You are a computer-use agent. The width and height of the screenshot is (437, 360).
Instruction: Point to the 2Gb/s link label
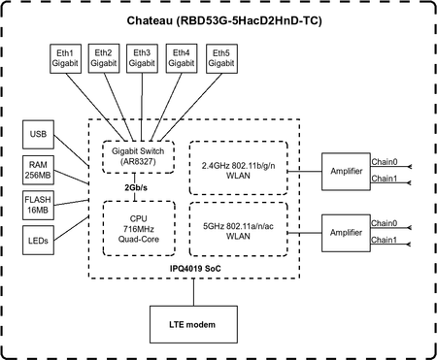(136, 187)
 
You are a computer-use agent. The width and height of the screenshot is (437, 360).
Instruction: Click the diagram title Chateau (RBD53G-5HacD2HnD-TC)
(218, 21)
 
